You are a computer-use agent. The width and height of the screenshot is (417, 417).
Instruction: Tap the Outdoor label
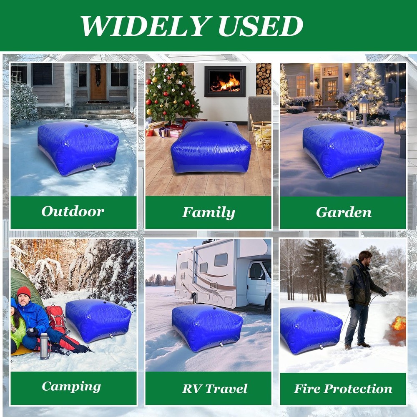coord(73,211)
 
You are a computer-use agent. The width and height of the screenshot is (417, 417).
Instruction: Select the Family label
coord(208,213)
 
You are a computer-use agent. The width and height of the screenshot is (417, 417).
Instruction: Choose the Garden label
coord(344,212)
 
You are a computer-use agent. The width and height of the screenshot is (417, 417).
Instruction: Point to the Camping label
coord(71,387)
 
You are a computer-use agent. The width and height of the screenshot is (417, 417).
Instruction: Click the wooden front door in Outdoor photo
coord(98,82)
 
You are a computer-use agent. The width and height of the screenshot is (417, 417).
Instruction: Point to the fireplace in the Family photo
coord(225,81)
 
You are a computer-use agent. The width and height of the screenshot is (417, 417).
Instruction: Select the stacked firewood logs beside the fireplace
coord(264,78)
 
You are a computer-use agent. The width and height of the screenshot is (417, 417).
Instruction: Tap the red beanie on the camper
coord(24,291)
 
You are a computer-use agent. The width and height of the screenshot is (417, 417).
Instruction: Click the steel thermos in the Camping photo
coord(44,346)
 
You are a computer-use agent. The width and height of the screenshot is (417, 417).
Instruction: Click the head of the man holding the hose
coord(365,256)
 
